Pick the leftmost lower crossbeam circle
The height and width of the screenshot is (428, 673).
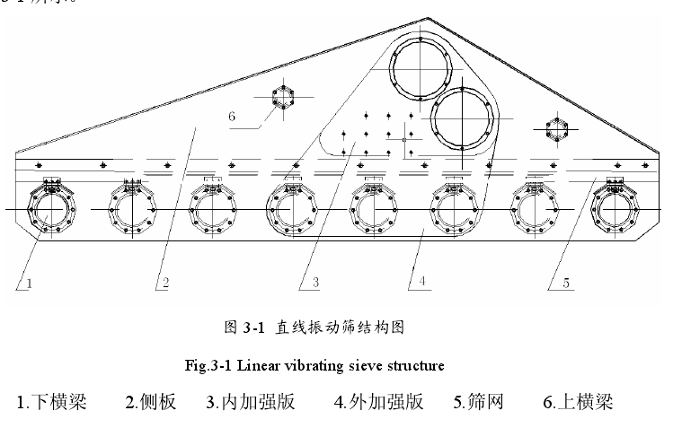[x=53, y=212]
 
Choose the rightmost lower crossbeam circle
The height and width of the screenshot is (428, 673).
[x=617, y=212]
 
